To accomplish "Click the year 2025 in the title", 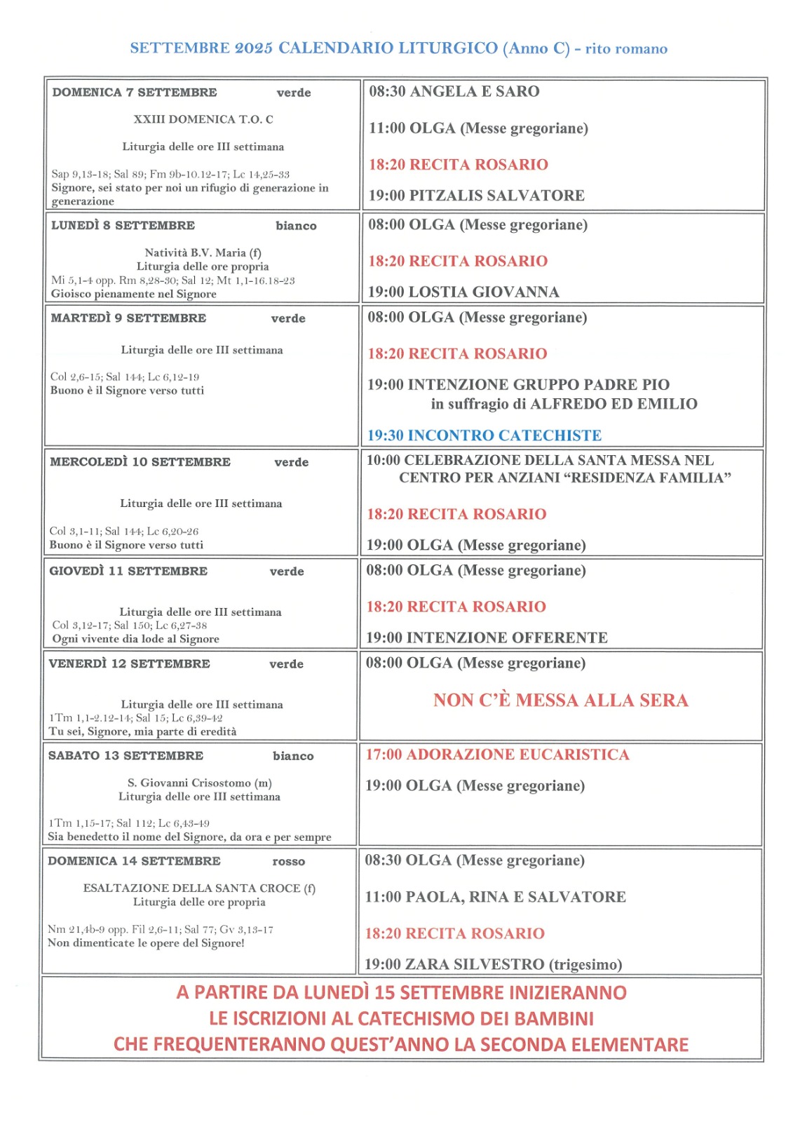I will tap(254, 48).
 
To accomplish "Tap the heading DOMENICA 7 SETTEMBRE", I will tap(135, 93).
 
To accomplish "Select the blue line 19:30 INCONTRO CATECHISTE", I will tap(484, 435).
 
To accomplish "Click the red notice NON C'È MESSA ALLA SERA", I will tap(560, 700).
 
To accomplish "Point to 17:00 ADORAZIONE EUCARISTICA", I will tap(497, 755).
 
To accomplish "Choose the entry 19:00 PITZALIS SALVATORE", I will tap(476, 196).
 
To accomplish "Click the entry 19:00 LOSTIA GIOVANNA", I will tap(463, 292).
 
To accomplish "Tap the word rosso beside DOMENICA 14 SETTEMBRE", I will tap(289, 862).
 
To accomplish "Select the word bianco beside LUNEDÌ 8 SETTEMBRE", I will tap(296, 226).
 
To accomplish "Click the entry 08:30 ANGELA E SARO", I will tap(454, 92).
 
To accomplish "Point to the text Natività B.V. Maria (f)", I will tap(203, 252).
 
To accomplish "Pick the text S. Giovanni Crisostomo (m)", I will tap(199, 783).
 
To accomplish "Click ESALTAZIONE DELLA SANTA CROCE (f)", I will tap(199, 888).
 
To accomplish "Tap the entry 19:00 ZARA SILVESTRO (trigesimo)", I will tap(493, 964).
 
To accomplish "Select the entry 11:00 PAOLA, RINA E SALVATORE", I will tap(495, 897).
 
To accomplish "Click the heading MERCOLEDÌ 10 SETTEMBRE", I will tap(140, 462).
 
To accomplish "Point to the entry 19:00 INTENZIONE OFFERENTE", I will tap(487, 637).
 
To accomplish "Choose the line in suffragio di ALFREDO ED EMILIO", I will tap(564, 404).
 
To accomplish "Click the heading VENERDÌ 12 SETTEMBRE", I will tap(129, 663).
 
